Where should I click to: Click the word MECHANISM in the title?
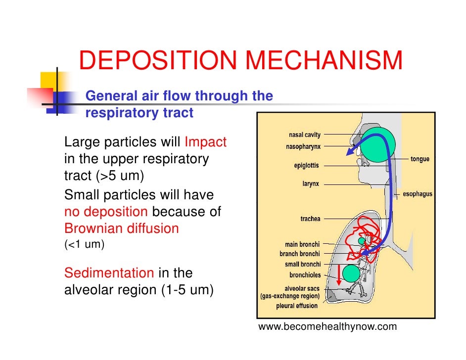[324, 61]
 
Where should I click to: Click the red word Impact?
[205, 142]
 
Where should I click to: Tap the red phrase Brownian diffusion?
[121, 229]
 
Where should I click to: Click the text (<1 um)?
[84, 244]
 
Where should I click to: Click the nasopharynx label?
[303, 146]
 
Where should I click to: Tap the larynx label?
[311, 183]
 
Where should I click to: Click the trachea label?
[310, 218]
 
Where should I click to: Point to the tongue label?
[419, 159]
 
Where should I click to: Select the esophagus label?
[418, 194]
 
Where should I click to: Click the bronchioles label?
[305, 275]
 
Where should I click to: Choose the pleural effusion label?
[297, 306]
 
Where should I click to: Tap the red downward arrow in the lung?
[339, 275]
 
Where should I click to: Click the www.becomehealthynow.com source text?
[327, 327]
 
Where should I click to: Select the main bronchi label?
[302, 244]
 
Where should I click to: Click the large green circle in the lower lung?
[351, 273]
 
